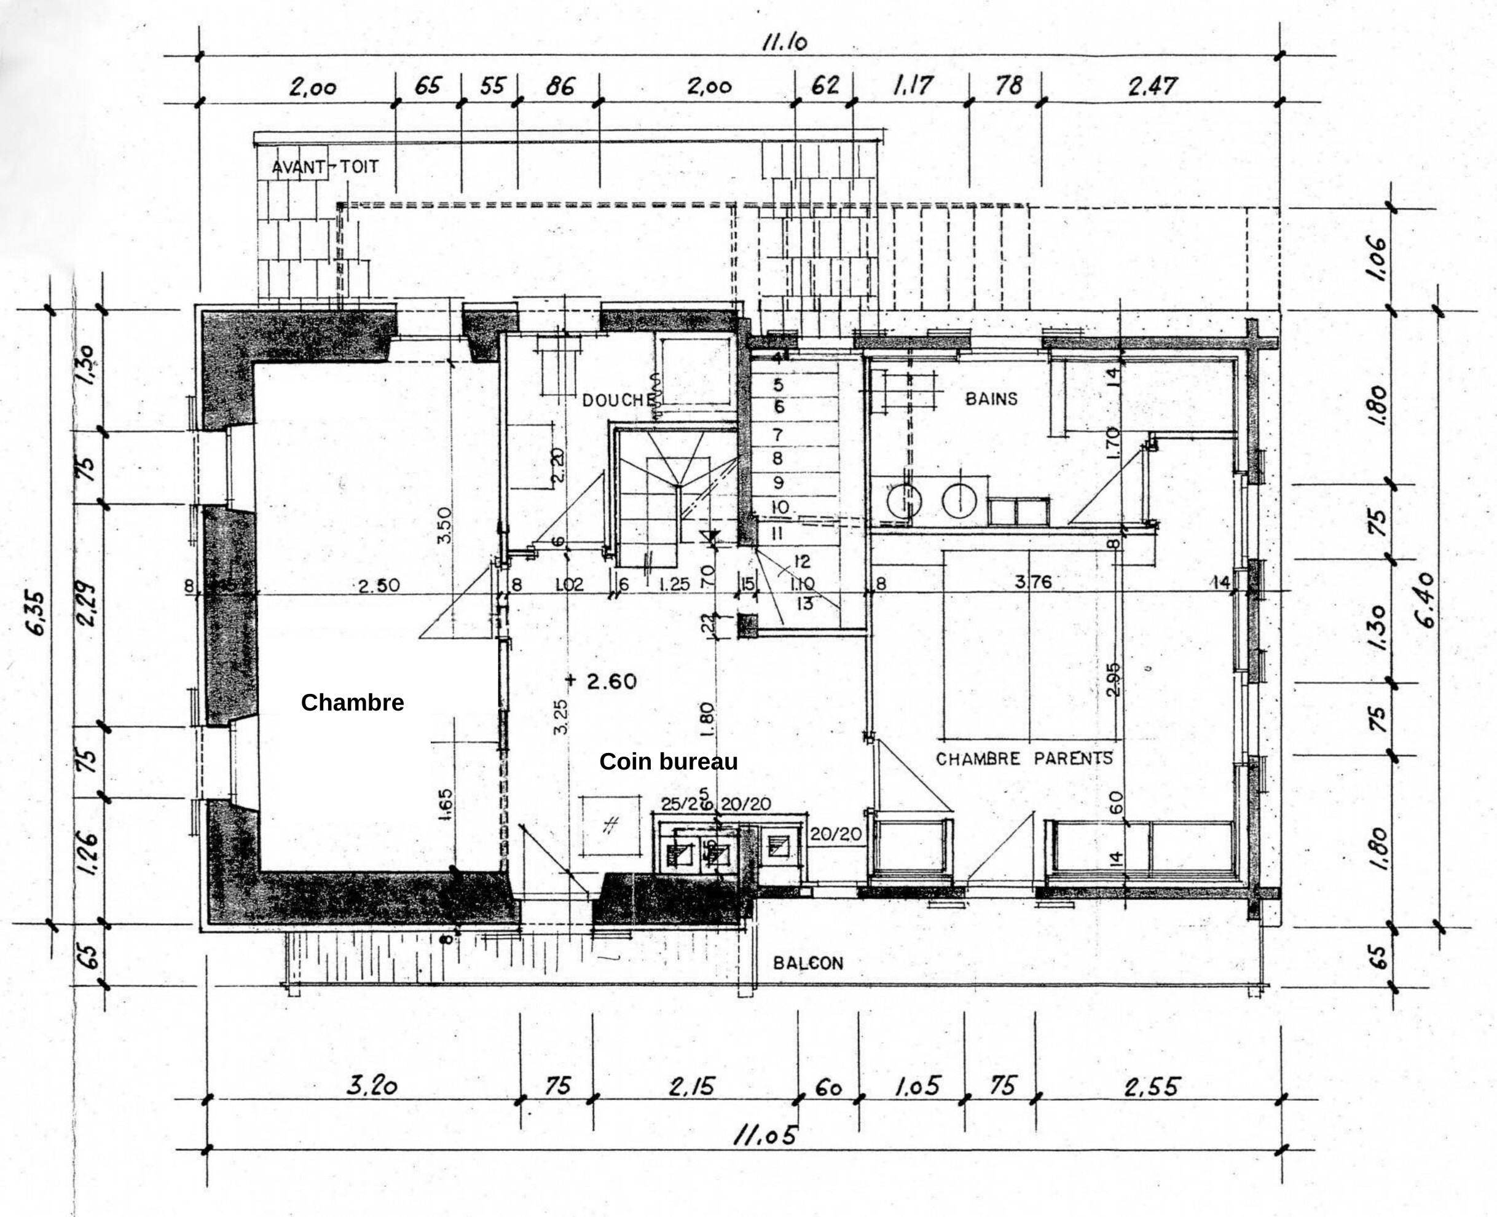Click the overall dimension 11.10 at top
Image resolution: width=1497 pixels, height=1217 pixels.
784,43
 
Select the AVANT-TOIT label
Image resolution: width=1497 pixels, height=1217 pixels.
325,167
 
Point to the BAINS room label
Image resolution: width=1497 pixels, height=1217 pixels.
991,399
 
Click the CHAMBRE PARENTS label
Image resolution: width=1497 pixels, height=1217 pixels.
1024,758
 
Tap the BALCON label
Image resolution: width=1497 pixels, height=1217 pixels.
808,963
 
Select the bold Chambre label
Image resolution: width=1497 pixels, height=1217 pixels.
352,703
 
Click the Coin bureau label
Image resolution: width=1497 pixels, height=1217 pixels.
668,762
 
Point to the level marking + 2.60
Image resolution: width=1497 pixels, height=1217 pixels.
602,680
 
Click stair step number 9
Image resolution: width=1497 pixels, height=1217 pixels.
778,483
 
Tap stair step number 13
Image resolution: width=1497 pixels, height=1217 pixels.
804,603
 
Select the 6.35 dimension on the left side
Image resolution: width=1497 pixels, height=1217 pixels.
37,613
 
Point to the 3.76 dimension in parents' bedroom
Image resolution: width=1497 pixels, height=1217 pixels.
1033,582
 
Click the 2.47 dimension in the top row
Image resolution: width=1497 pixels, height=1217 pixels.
1152,86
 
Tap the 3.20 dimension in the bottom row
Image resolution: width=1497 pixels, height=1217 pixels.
372,1086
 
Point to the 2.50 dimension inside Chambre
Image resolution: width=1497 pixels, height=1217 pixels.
379,585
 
